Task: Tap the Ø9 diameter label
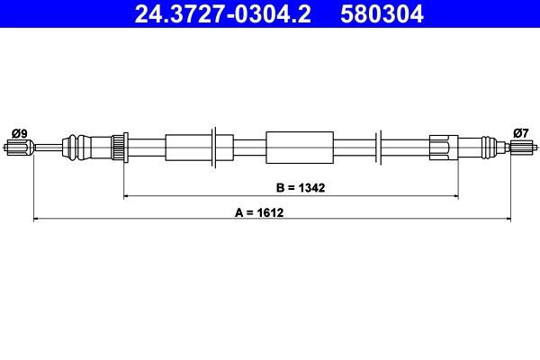pos(20,133)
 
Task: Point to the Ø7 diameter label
pos(520,133)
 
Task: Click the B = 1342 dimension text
pos(300,188)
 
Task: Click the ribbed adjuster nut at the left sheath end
pos(117,146)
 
